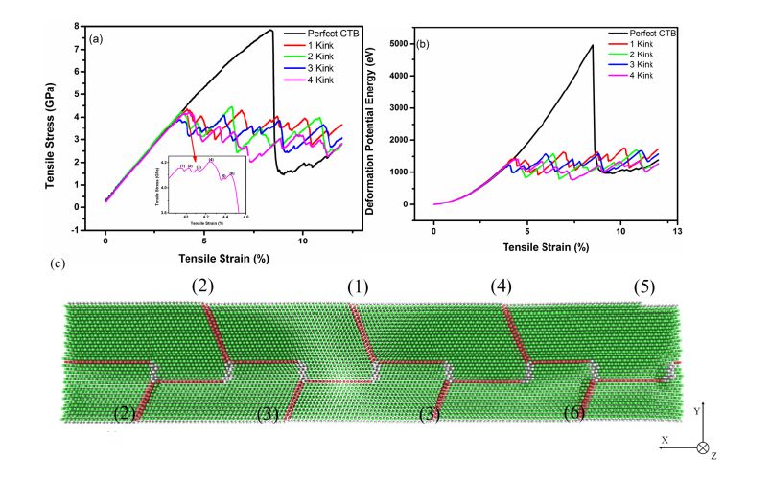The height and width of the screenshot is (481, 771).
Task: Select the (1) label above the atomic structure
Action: pos(357,287)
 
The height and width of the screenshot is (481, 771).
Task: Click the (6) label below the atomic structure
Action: pos(574,414)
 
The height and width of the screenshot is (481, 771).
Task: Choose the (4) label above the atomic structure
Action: pos(501,286)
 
